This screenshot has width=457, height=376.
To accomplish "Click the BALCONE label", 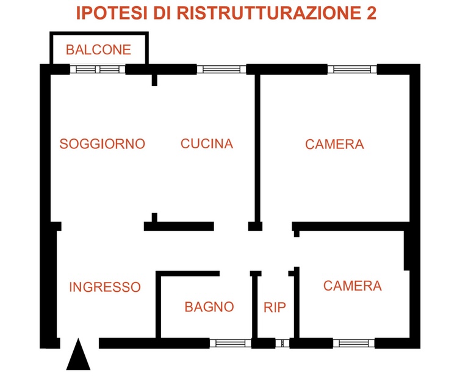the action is coord(98,49).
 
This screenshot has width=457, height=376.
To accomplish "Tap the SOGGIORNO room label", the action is coord(103,144).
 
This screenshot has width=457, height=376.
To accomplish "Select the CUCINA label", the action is coord(207,143).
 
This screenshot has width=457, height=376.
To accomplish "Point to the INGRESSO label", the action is coord(105,287).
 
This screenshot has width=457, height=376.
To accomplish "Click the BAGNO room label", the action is coord(209,307).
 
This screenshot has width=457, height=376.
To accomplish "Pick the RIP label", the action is coord(275,308).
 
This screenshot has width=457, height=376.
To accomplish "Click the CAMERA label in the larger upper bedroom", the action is coord(334,144).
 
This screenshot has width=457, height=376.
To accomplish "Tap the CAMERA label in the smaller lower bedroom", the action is coord(353,286).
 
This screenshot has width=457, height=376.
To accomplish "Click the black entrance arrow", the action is coord(78,355).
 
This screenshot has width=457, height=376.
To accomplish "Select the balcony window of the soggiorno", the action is coord(98,70).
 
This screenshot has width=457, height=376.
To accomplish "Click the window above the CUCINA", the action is coord(221,70).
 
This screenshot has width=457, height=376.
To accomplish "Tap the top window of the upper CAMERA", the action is coord(352,70).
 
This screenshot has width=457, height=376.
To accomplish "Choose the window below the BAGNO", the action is coord(230,343).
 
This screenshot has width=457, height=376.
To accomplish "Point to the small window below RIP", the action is coord(282,343).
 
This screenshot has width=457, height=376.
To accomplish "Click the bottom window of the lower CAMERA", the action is coord(353,343).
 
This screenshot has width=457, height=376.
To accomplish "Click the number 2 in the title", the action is coord(370,13).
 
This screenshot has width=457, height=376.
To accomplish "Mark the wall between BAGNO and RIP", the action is coord(254,306).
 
